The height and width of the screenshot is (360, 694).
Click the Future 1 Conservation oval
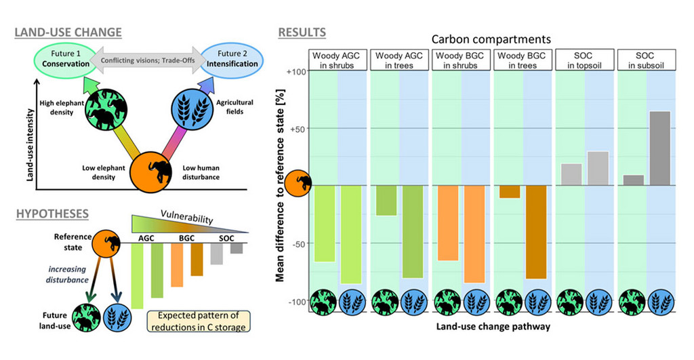point(66,59)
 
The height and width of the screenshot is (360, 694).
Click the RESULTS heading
point(302,32)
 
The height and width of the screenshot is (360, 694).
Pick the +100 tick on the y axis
point(298,71)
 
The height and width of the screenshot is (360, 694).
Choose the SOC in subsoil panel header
point(647,59)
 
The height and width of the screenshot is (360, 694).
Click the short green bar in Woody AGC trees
point(386,200)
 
